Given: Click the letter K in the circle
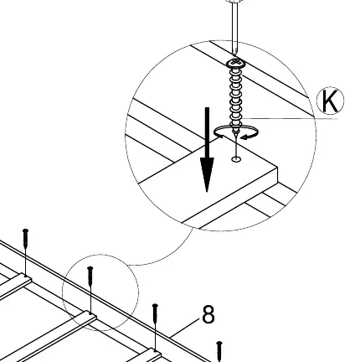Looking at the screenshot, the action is tap(329, 101).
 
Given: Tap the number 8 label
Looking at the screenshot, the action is tap(208, 314).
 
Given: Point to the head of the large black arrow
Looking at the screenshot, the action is tap(207, 174).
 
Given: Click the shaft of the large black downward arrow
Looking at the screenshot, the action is tap(207, 132).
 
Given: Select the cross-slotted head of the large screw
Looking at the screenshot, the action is tap(236, 63).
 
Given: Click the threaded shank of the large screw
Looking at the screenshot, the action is tap(236, 99).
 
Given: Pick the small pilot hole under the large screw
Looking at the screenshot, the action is tap(236, 159).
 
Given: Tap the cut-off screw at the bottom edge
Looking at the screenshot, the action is tap(219, 351).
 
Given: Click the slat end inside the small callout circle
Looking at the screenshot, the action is tap(90, 316).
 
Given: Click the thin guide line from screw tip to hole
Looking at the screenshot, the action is tap(236, 148).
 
